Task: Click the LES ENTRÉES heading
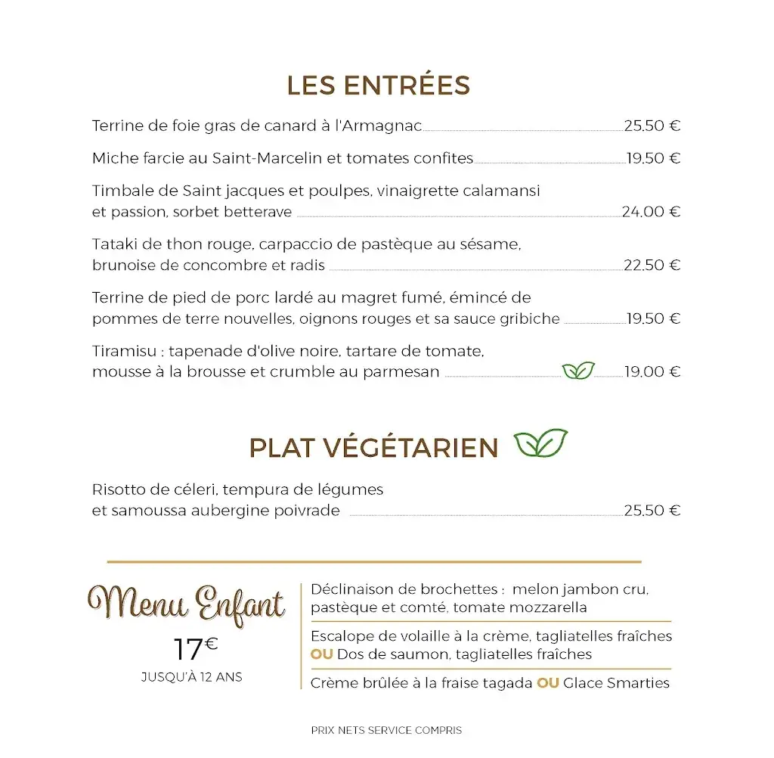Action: coord(378,85)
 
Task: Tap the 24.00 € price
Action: coord(651,212)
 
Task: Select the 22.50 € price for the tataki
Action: coord(652,265)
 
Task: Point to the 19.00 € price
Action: coord(652,371)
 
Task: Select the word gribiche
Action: coord(529,318)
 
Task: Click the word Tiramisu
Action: coord(124,352)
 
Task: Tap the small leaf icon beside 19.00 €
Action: coord(578,371)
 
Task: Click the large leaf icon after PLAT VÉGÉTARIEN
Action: coord(540,443)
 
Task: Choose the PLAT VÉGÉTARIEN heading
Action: coord(373,448)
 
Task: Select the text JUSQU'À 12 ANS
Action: coord(192,677)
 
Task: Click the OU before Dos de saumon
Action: coord(322,654)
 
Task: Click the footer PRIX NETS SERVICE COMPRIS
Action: coord(386,730)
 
